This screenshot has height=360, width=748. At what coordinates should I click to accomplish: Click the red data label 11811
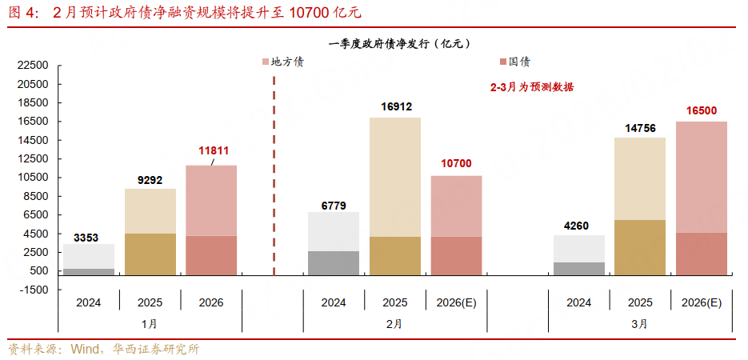click(x=214, y=150)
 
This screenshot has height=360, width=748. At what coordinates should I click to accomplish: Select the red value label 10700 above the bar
click(x=456, y=163)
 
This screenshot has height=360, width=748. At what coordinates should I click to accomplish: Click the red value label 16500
click(x=702, y=110)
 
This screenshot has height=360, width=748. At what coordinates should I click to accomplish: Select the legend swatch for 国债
click(x=502, y=62)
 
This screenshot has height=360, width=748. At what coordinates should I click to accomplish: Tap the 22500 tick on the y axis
click(x=33, y=66)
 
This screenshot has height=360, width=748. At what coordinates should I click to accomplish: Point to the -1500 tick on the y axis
click(x=33, y=290)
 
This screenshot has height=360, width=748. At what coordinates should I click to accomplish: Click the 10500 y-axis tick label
click(x=33, y=178)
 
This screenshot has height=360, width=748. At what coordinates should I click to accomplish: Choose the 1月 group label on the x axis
click(x=150, y=324)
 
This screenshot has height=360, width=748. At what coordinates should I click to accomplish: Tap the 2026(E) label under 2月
click(x=456, y=303)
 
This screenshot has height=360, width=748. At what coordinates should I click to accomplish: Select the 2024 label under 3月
click(x=578, y=303)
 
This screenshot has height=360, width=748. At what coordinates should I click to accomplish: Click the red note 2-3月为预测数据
click(x=531, y=88)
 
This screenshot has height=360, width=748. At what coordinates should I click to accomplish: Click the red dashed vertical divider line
click(x=274, y=176)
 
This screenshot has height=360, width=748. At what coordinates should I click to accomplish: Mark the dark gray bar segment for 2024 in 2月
click(x=334, y=263)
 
